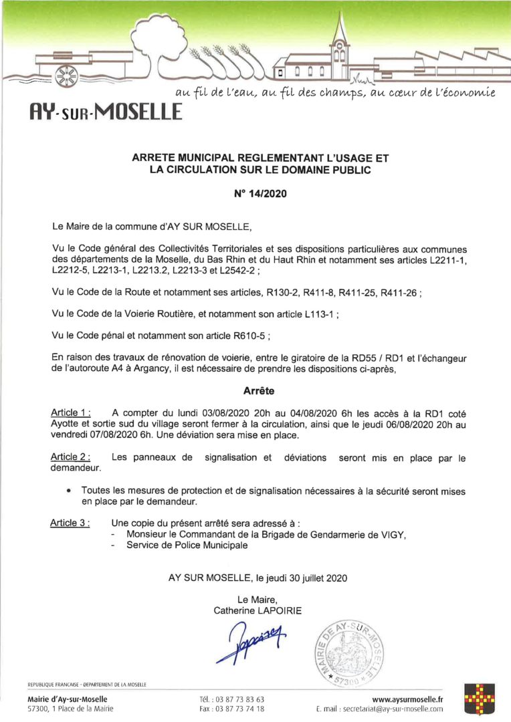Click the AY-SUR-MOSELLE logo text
[105, 108]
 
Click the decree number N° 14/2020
[255, 197]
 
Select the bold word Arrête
[255, 388]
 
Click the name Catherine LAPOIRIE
[258, 610]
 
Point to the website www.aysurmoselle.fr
[407, 699]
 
